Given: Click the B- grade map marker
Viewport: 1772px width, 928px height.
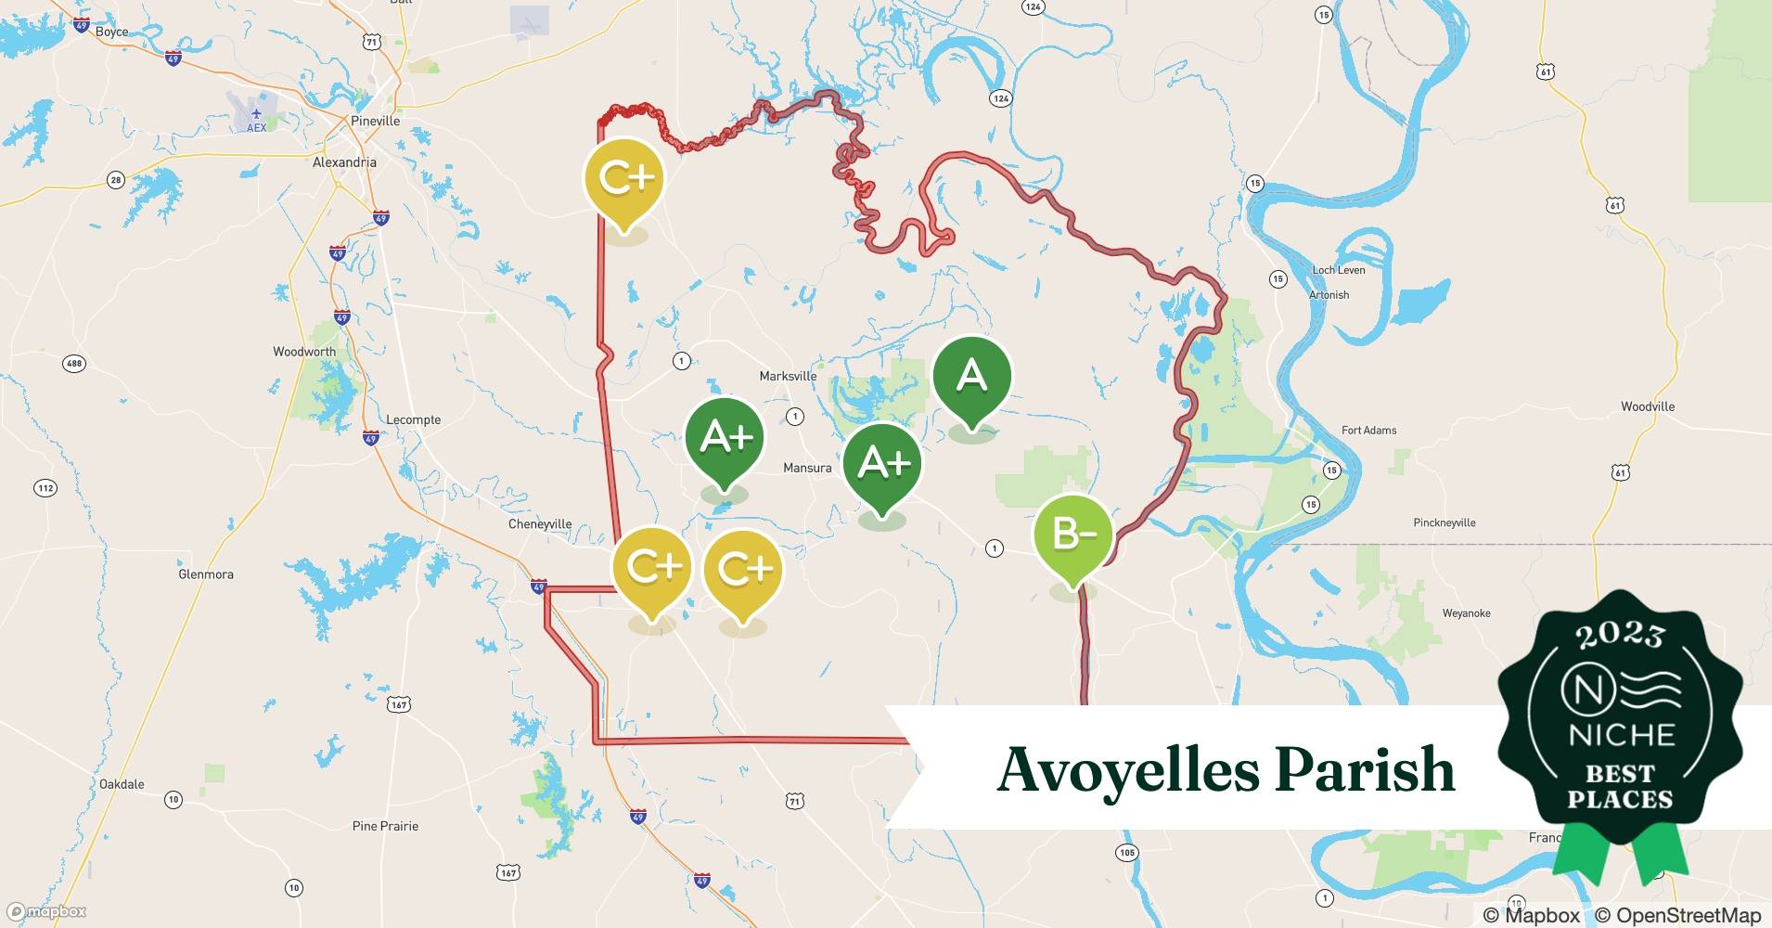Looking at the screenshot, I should coord(1072,535).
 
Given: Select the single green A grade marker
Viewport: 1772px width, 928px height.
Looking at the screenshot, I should coord(971,376).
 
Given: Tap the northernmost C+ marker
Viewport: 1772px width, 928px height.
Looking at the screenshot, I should coord(624,178).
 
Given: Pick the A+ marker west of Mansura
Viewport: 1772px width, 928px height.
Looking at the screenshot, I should coord(724,436).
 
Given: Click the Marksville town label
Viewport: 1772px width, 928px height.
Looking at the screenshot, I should coord(788,376).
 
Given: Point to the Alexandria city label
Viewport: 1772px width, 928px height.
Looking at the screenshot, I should coord(344,162).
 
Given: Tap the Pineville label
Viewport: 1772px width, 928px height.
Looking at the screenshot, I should coord(375,121).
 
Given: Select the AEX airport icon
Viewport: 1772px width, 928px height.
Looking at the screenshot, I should coord(256,115).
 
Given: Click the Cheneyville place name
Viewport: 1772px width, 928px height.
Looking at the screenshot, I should coord(540,524).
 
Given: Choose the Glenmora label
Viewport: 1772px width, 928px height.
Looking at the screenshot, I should coord(206,574).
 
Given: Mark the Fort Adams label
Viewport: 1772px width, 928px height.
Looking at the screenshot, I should coord(1368,430).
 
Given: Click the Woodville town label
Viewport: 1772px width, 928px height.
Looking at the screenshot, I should coord(1648,406).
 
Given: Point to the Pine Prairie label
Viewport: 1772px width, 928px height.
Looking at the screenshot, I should coord(385,826).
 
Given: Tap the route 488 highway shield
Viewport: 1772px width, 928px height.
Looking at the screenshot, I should coord(73,363).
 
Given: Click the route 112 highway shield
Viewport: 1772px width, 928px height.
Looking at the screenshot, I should coord(45,488).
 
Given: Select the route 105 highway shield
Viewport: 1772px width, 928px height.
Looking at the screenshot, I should coord(1127,853).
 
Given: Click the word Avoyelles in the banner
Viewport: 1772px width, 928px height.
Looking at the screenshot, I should coord(1126,770).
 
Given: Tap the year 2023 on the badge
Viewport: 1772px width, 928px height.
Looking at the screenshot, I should coord(1620,635).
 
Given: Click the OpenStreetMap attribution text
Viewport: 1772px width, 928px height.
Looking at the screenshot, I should coord(1677,915).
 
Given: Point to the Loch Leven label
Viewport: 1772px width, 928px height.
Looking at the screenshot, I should coord(1339,270).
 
